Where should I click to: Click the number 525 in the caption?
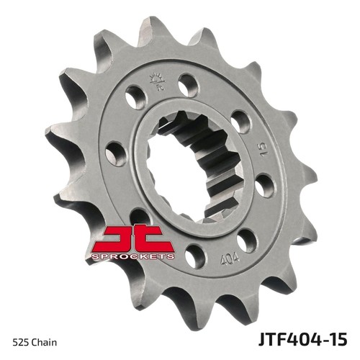click(x=19, y=342)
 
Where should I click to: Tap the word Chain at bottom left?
click(x=43, y=342)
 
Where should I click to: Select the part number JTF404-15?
click(x=303, y=338)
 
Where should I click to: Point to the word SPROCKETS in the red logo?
click(x=132, y=256)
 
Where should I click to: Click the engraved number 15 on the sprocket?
click(x=263, y=149)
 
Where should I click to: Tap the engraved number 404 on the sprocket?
click(x=230, y=258)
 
